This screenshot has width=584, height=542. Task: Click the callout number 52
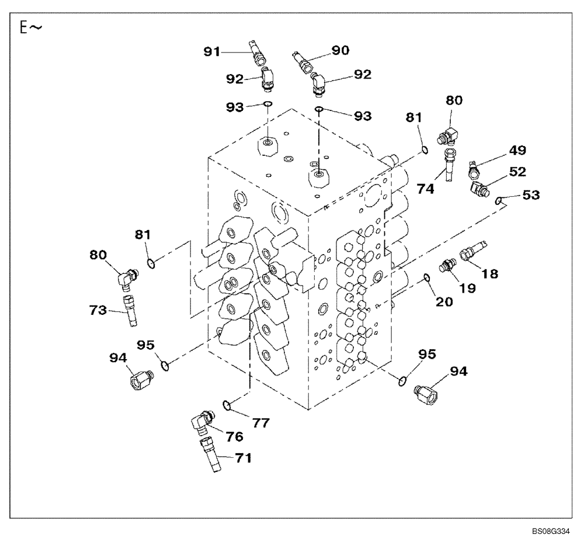pyautogui.click(x=516, y=172)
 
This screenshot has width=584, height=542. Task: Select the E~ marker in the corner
pyautogui.click(x=31, y=29)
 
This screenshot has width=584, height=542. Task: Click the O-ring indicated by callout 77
pyautogui.click(x=228, y=404)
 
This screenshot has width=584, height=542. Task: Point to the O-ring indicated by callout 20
pyautogui.click(x=427, y=277)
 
